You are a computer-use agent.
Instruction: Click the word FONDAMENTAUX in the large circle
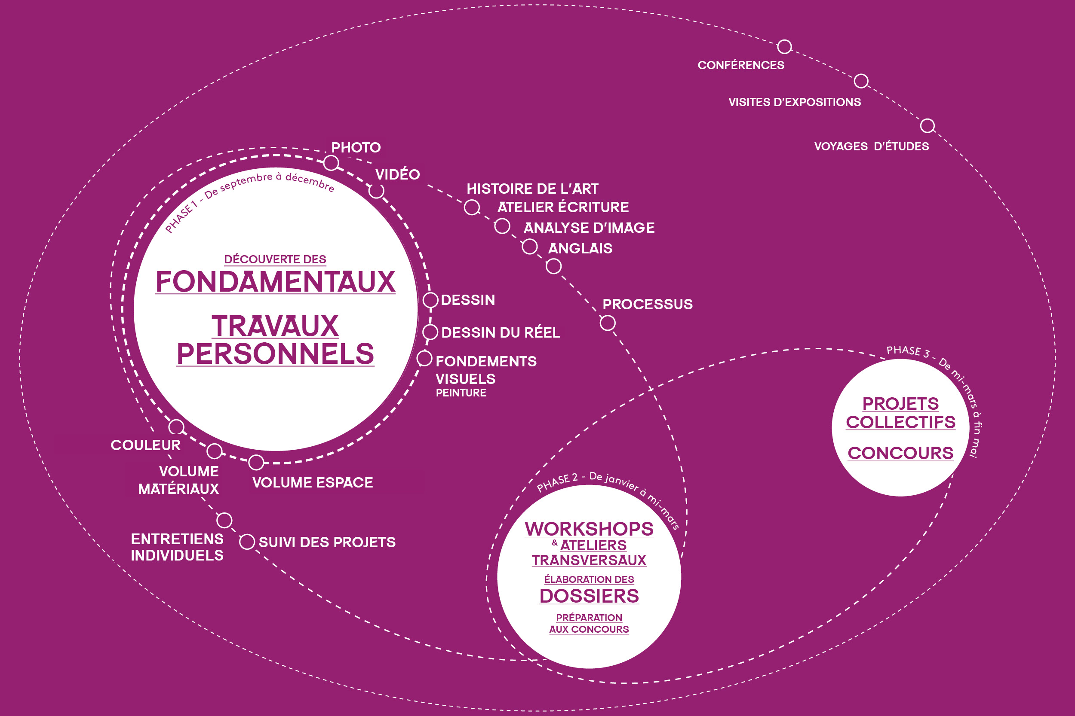(275, 282)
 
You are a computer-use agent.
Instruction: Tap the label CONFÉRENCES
(740, 65)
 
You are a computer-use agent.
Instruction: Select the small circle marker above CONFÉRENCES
(784, 46)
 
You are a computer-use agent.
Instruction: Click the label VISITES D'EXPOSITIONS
(794, 102)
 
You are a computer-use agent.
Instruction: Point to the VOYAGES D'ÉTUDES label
(871, 146)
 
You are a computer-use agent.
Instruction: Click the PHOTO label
(356, 147)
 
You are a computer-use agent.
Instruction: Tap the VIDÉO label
(397, 174)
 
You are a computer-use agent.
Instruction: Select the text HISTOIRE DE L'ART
(532, 189)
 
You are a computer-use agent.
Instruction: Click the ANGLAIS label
(580, 248)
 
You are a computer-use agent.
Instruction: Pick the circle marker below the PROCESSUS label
(608, 323)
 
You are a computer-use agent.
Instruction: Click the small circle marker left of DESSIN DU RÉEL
(430, 332)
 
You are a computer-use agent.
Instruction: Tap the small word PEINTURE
(461, 393)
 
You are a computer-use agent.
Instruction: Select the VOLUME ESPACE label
(313, 483)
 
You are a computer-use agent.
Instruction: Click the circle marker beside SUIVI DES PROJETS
(247, 542)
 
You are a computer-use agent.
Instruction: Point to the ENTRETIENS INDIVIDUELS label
(177, 547)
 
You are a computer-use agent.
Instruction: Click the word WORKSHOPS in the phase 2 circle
(589, 529)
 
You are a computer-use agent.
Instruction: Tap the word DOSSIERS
(589, 596)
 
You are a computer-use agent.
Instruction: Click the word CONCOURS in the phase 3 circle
(900, 453)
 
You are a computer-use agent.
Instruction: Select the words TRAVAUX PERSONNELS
(275, 340)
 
